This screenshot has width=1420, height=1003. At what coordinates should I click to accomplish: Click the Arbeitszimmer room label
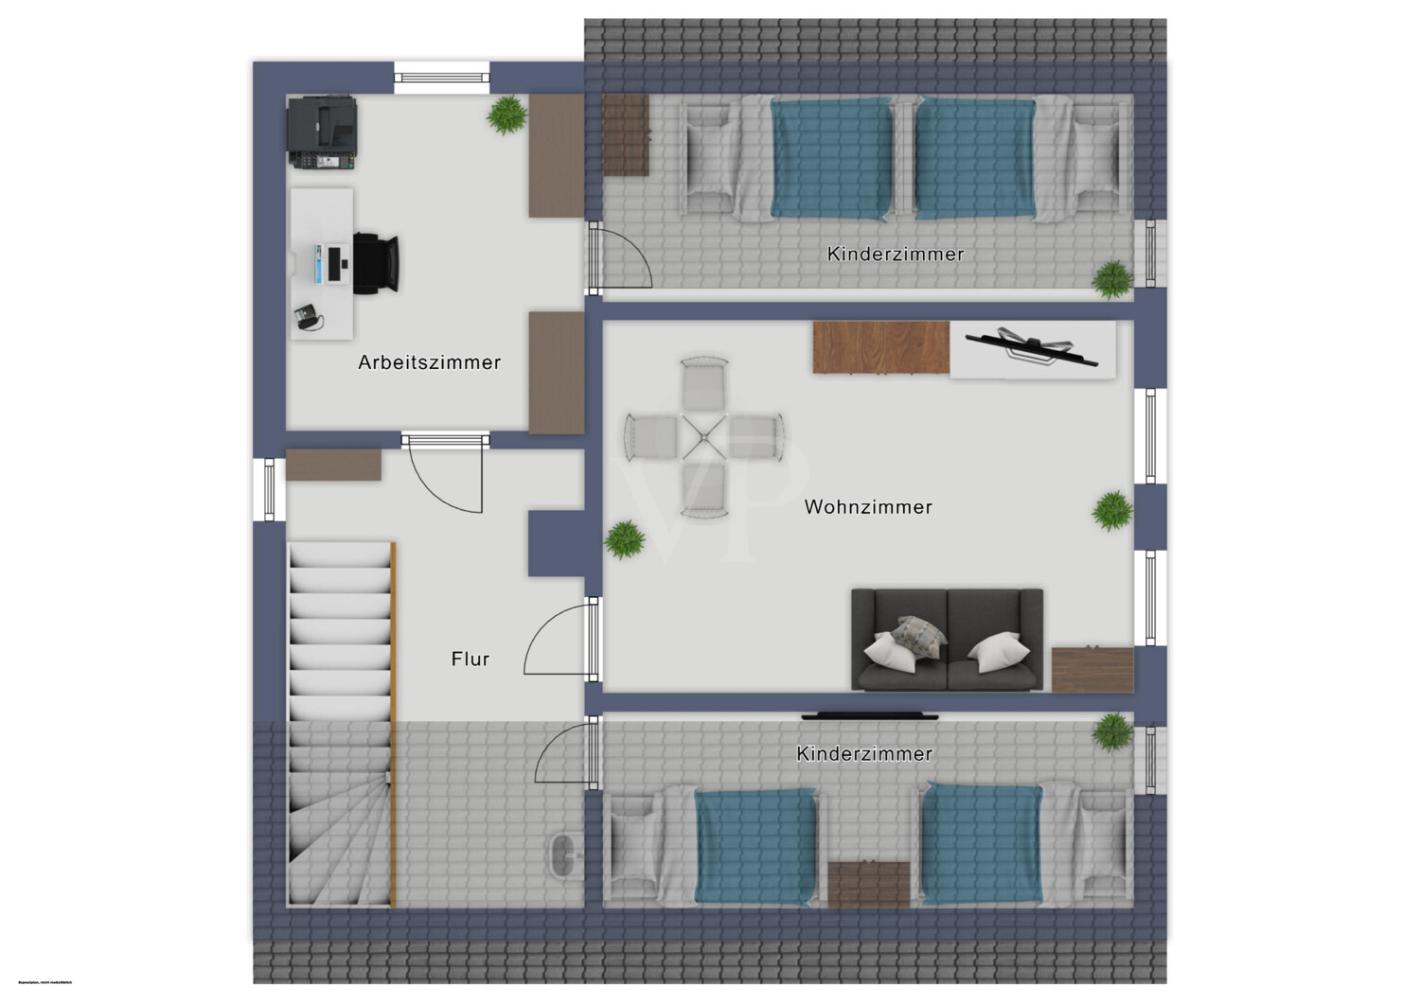pos(429,361)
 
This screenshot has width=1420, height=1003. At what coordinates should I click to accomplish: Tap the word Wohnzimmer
pos(868,507)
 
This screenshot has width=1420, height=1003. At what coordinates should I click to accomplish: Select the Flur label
pos(470,659)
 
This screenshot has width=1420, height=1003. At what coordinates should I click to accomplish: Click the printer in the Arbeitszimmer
pos(321,132)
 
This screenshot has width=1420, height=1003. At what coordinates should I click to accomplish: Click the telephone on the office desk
pos(308,317)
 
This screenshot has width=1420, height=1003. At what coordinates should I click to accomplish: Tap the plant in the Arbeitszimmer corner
pos(507,115)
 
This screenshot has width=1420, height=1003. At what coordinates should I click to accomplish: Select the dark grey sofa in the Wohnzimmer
pos(947,640)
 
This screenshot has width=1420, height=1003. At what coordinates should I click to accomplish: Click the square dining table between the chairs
pos(704,438)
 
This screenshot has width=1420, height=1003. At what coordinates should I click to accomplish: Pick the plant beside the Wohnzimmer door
pos(625,540)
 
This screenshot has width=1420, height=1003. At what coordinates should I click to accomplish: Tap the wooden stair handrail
pos(393,724)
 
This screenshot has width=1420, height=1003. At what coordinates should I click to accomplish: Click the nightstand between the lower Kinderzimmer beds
pos(868,884)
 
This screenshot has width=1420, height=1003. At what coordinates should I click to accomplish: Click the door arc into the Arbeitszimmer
pos(445,478)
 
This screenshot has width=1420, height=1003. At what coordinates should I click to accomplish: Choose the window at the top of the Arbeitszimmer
pos(442,77)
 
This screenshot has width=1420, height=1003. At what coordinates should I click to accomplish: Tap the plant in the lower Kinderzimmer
pos(1112,731)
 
